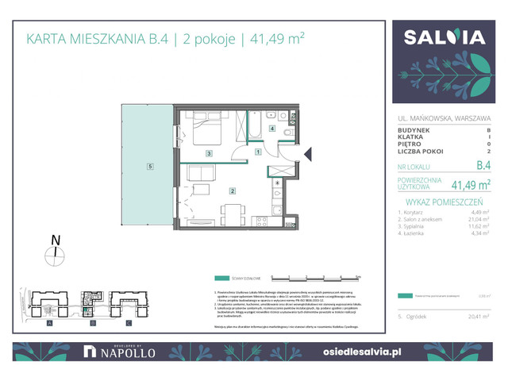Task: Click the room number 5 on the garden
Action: tap(148, 166)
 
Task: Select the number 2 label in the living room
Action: tap(231, 190)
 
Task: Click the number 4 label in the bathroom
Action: tap(272, 129)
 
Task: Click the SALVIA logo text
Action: tap(444, 38)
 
